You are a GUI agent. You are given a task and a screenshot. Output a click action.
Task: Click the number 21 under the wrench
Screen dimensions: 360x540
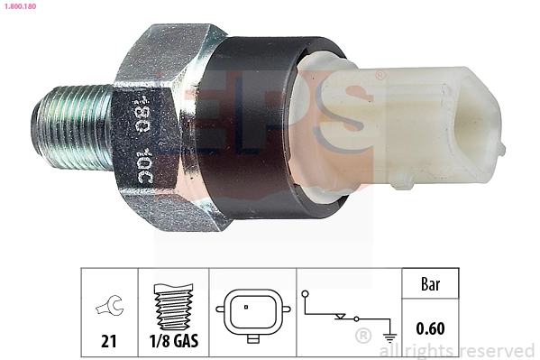coord(108,341)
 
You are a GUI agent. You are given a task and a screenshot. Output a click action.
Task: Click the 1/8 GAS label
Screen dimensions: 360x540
coord(175,341)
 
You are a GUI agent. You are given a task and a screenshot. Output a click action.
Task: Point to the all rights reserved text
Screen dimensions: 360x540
coord(460,350)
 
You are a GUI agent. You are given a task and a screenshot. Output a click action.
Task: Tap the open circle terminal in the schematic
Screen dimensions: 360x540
coord(305,293)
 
